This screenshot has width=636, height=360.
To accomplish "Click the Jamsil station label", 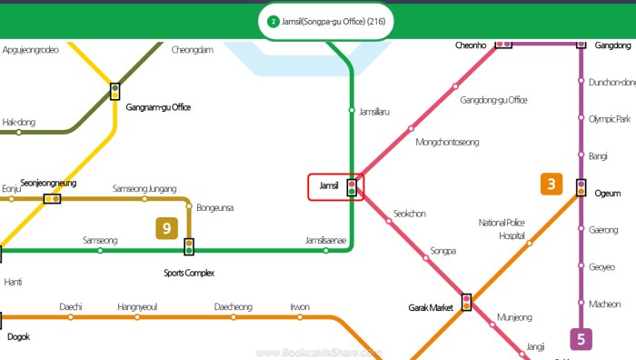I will [329, 187].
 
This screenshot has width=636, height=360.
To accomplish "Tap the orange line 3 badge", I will [552, 184].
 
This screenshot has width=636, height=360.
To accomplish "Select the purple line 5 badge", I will [581, 340].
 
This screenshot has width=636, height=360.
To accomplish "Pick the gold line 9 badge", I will [166, 227].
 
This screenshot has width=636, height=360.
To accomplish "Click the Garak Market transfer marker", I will [467, 302].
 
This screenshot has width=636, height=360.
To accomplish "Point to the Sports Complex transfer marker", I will [189, 246].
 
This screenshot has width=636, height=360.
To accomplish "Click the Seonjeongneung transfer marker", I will [52, 197].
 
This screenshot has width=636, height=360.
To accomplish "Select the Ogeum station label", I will [607, 193].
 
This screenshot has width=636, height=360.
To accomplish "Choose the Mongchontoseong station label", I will [446, 142].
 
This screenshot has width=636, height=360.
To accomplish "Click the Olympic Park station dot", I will [581, 118].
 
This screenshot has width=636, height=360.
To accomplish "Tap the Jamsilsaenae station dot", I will [326, 250].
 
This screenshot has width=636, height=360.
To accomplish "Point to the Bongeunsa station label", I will [215, 208].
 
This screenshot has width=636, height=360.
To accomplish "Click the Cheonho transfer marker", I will [502, 42].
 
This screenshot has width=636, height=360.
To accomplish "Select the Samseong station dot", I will [100, 250].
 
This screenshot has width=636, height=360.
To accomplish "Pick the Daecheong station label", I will [234, 306].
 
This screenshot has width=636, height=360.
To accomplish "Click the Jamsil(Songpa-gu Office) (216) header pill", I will [326, 21].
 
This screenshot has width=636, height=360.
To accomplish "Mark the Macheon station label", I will [605, 304].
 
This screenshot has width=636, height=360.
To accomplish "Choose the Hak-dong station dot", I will [19, 132].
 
